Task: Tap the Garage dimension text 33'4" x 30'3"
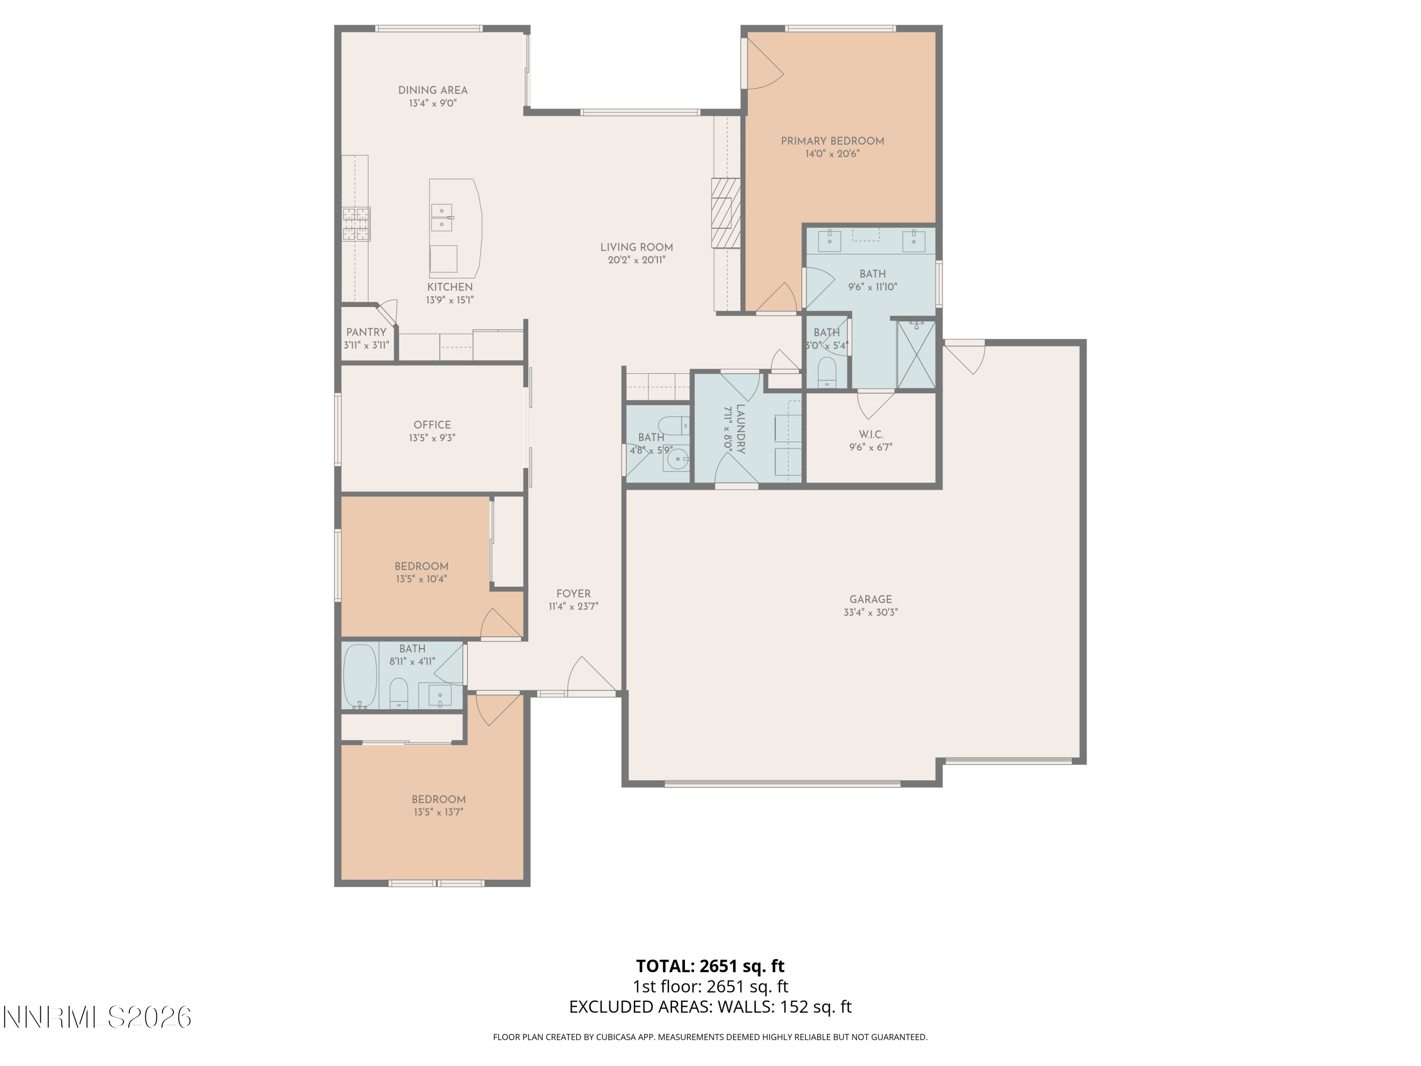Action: pyautogui.click(x=871, y=612)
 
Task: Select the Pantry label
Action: pyautogui.click(x=366, y=332)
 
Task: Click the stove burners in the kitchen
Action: pyautogui.click(x=356, y=224)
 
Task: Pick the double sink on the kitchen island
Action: pyautogui.click(x=442, y=217)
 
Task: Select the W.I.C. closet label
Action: pyautogui.click(x=871, y=434)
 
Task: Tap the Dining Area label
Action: pyautogui.click(x=432, y=90)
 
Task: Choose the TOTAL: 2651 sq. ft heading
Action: pyautogui.click(x=710, y=966)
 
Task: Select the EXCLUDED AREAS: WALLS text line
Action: pyautogui.click(x=710, y=1007)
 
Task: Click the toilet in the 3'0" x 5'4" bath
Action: pyautogui.click(x=827, y=373)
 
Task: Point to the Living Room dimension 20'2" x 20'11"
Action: pyautogui.click(x=636, y=260)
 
